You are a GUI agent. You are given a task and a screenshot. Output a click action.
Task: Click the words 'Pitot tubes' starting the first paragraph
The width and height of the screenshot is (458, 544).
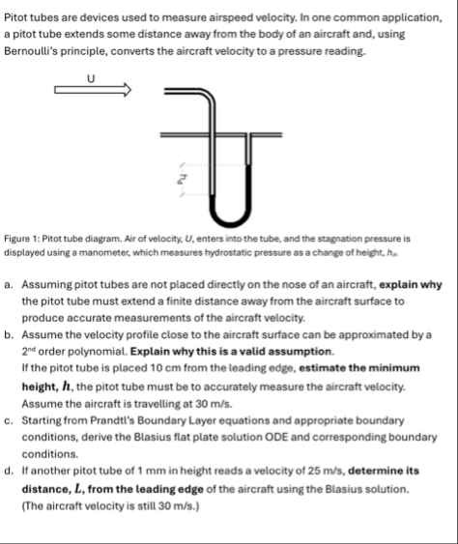(32, 15)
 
